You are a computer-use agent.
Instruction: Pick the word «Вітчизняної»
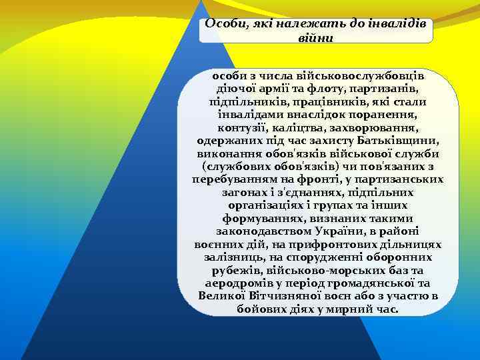[281, 295]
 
